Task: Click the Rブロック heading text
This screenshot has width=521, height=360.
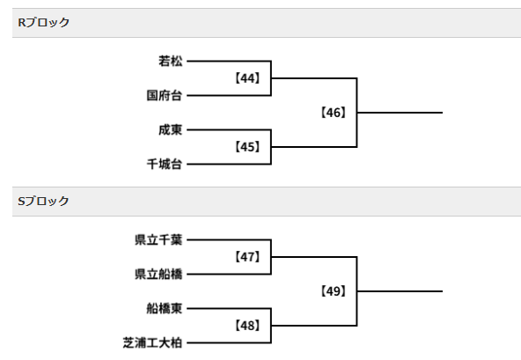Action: tap(43, 23)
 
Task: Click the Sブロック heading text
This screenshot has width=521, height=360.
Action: tap(43, 201)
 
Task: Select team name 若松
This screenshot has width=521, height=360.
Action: tap(171, 61)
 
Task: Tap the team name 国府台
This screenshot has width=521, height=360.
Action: tap(165, 96)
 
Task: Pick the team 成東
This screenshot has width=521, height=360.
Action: tap(171, 130)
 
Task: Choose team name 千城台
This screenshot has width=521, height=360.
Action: tap(165, 165)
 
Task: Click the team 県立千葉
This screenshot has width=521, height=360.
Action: tap(158, 239)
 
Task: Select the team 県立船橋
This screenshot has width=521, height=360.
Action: tap(158, 275)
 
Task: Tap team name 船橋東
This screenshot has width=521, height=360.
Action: tap(165, 308)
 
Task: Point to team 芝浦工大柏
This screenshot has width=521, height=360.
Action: tap(152, 342)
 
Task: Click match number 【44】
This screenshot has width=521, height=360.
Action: tap(247, 78)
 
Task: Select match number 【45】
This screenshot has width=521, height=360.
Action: tap(247, 147)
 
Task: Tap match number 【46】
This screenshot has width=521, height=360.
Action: tap(334, 113)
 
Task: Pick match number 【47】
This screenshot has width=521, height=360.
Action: tap(247, 257)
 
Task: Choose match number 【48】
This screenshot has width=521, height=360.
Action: tap(247, 326)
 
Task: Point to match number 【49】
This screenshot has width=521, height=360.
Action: tap(334, 291)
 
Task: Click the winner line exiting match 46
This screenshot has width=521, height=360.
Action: tap(400, 113)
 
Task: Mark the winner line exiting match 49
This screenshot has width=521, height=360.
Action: tap(400, 291)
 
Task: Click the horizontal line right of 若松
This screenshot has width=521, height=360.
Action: tap(229, 61)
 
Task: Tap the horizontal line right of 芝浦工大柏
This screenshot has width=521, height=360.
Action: tap(229, 342)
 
